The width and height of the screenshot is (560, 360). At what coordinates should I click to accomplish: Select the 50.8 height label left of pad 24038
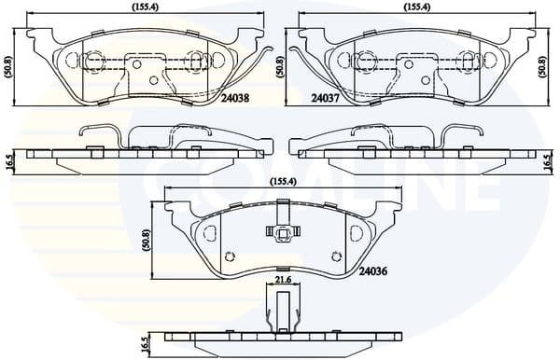pyautogui.click(x=8, y=66)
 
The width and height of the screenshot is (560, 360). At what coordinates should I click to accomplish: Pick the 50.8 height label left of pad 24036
pyautogui.click(x=146, y=241)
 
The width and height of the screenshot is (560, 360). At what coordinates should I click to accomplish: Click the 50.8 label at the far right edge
pyautogui.click(x=544, y=66)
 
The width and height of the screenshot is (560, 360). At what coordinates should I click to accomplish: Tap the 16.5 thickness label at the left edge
pyautogui.click(x=8, y=160)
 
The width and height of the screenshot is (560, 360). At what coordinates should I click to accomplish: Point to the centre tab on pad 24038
pyautogui.click(x=143, y=69)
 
